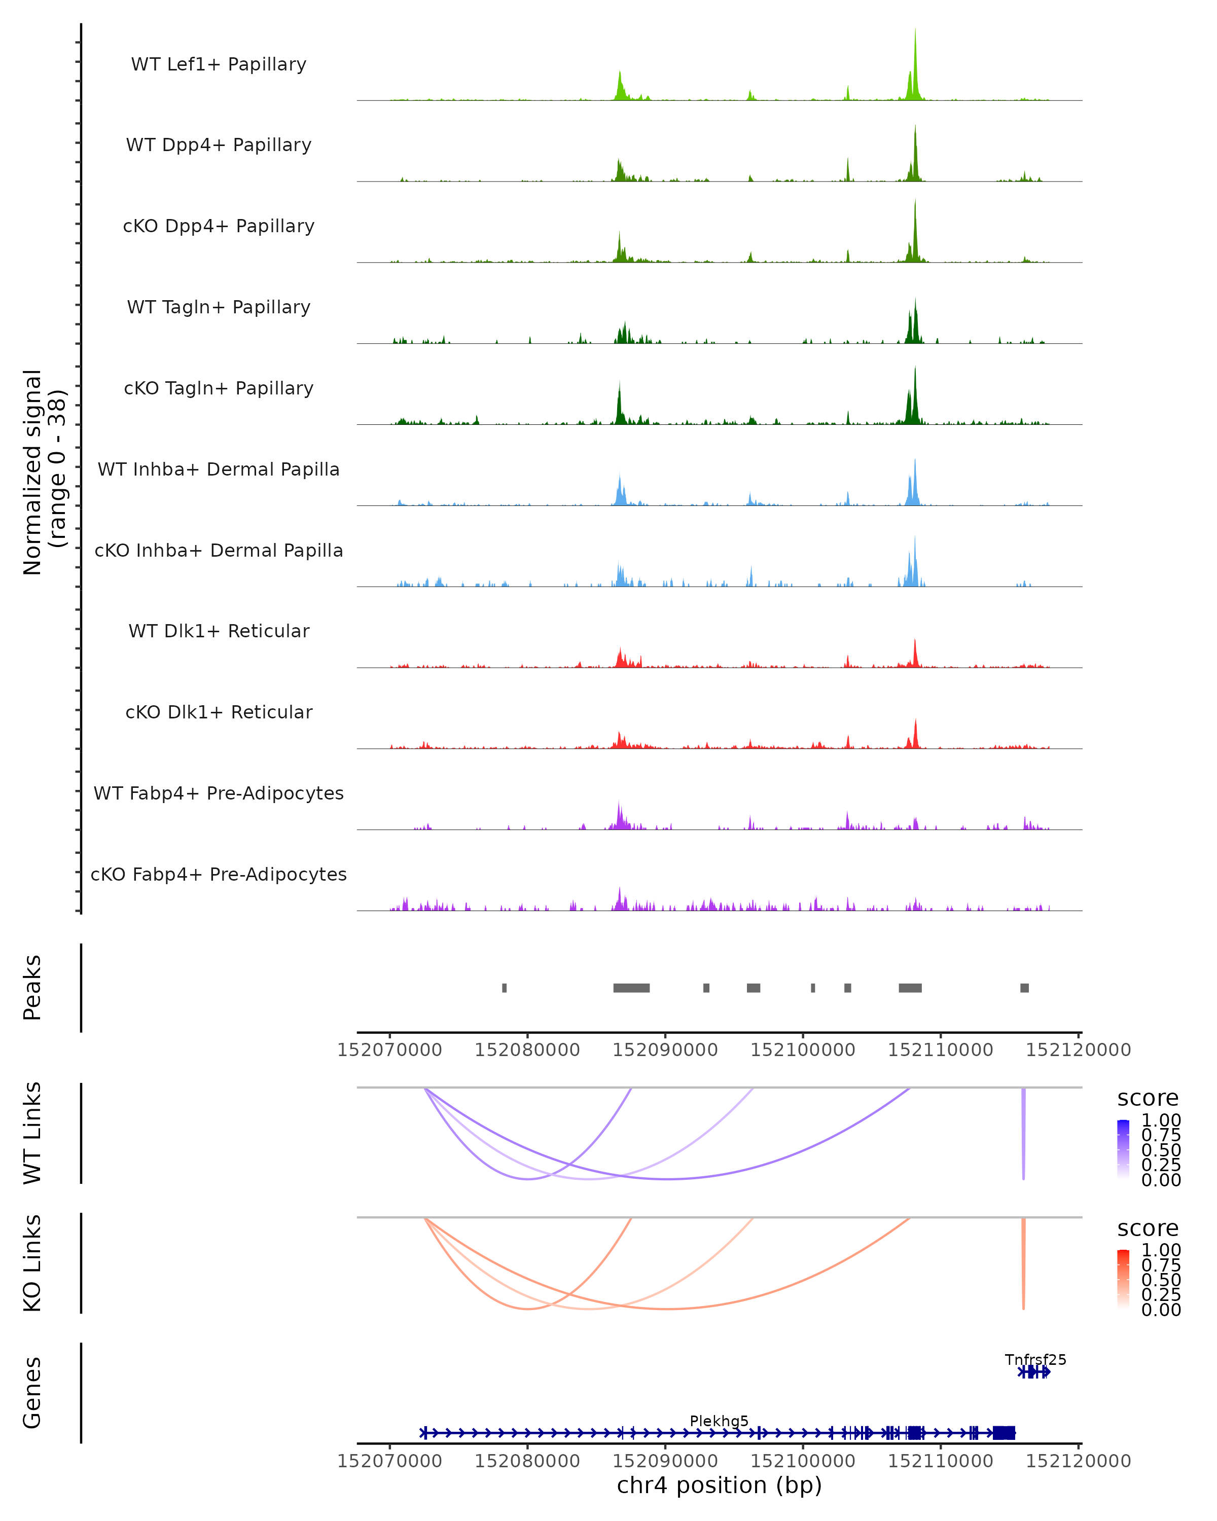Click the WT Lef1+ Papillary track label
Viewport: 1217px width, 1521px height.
219,64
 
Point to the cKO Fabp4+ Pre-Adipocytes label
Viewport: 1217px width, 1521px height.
219,874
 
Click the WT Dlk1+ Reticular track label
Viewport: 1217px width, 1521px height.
219,631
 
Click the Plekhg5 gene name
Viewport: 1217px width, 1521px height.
719,1421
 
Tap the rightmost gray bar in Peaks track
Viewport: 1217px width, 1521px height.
1024,988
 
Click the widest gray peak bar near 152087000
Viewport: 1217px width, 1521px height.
631,988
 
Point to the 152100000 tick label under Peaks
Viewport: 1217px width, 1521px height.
802,1050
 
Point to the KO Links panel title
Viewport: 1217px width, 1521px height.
32,1263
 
